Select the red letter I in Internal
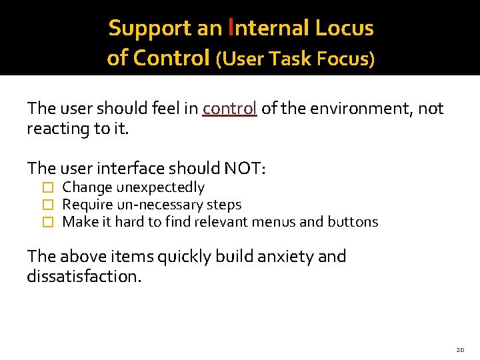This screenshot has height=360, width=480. [x=231, y=27]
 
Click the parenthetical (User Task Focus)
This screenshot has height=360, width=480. [x=295, y=59]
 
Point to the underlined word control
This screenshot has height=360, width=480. [x=230, y=108]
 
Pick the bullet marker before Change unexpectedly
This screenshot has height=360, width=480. [x=47, y=188]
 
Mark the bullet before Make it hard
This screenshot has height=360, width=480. [x=47, y=222]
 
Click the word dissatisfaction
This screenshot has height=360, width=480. [x=83, y=276]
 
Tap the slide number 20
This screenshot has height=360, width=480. [x=460, y=349]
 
